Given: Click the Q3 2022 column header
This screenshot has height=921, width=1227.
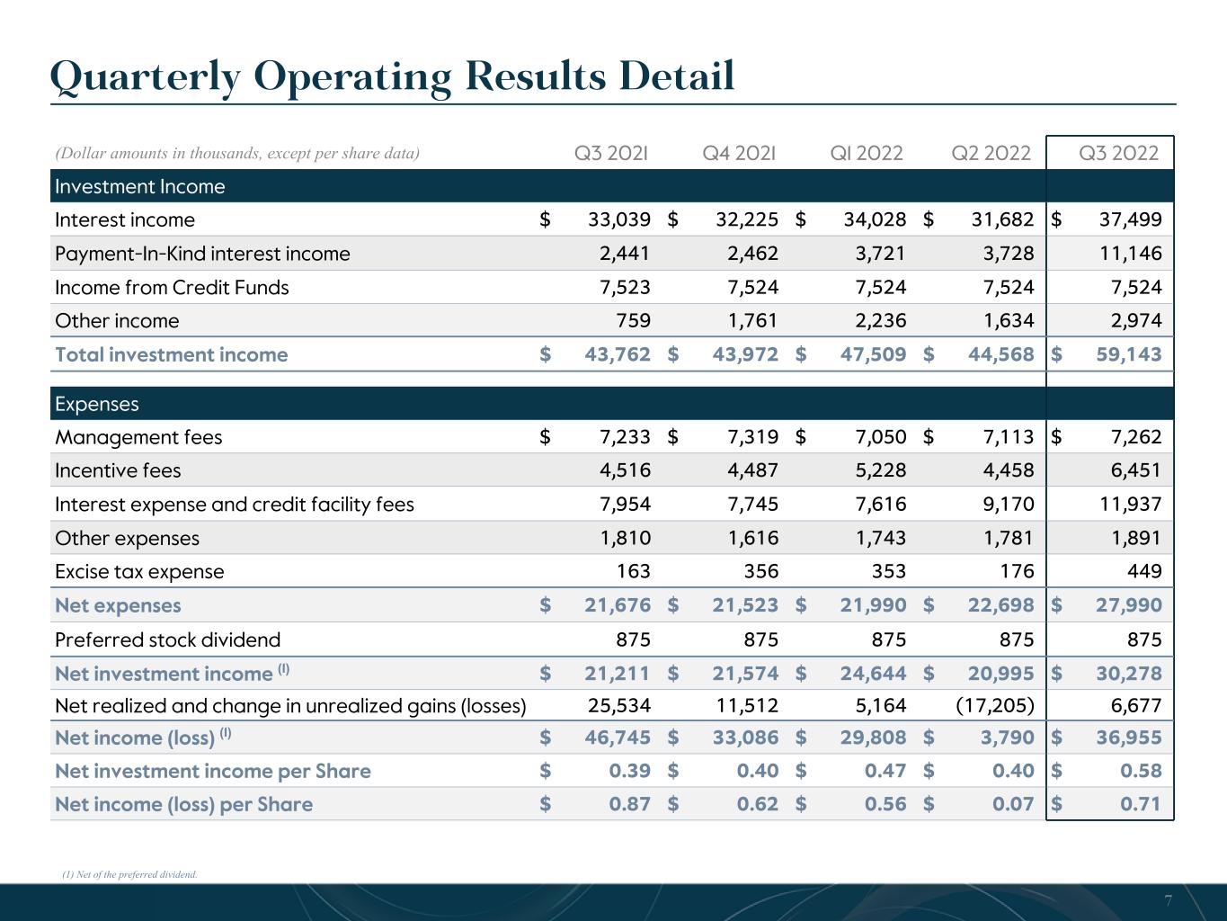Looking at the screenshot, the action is [x=1118, y=153].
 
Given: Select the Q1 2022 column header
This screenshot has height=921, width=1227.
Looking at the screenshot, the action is [x=867, y=153].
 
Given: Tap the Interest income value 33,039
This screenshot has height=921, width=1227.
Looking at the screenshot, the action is [x=618, y=219].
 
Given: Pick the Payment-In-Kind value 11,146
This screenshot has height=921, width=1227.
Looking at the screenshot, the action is [x=1130, y=254].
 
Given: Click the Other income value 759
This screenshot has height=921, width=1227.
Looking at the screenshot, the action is [x=633, y=320].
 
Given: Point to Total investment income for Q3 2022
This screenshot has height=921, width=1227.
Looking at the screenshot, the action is [x=1129, y=354].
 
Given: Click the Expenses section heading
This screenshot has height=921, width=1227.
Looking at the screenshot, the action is [x=97, y=404].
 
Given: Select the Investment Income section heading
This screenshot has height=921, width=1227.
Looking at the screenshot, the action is [x=139, y=186].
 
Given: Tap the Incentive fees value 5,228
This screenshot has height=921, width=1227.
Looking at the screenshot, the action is [x=880, y=470].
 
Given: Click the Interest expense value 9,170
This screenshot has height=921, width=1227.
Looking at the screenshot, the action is [x=1009, y=504].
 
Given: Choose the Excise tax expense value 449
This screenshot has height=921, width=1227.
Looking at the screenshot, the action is [x=1144, y=571].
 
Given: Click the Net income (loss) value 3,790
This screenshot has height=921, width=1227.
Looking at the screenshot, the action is [x=1007, y=737].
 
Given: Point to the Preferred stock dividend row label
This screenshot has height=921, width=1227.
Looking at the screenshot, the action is [x=168, y=639].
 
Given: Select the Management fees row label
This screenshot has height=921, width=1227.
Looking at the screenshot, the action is [x=138, y=437].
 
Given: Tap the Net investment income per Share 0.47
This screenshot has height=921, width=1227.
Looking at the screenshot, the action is [x=885, y=771].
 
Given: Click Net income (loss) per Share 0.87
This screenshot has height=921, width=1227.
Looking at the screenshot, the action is [x=629, y=804].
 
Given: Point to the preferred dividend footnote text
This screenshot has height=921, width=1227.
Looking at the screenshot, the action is [x=129, y=874].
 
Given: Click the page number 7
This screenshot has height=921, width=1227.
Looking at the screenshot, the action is [x=1168, y=900].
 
